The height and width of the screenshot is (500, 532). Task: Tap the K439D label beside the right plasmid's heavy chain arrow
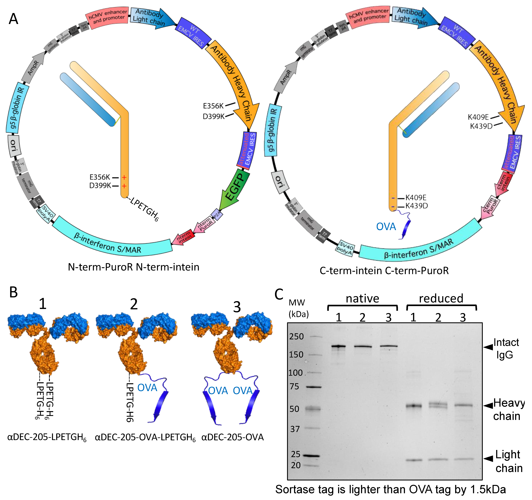tap(481, 126)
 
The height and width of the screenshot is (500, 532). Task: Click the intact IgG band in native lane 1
tap(339, 346)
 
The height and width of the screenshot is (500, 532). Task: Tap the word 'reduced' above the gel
tap(441, 298)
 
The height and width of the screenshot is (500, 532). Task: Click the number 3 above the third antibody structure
tap(237, 307)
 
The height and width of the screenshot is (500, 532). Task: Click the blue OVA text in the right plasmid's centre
tap(386, 227)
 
